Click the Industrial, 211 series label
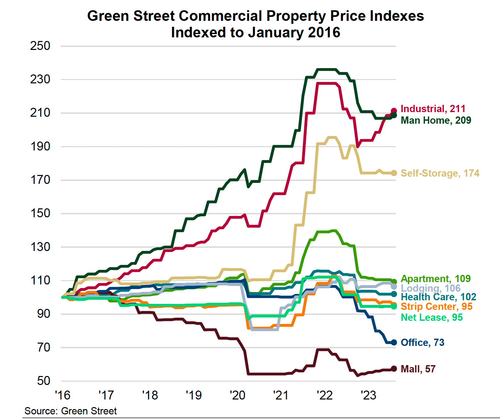433,109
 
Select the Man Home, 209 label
436,120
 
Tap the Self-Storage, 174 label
440,173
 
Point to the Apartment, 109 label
436,279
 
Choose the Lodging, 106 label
431,288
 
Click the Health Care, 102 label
438,297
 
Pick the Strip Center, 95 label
437,307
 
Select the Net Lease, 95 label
432,317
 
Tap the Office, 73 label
422,343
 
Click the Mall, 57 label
418,369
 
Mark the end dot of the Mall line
394,369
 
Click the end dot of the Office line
394,343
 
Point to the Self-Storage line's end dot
394,173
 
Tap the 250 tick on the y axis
40,46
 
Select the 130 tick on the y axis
40,247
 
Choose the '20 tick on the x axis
237,395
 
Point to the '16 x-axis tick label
62,395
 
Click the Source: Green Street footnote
70,411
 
